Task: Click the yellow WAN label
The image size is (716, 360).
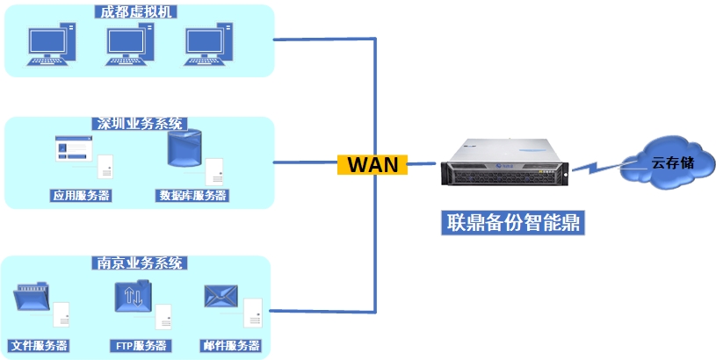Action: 372,164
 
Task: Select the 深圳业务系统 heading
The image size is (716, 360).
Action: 139,124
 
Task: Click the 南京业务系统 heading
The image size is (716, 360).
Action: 139,263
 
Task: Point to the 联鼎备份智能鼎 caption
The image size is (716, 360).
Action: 512,220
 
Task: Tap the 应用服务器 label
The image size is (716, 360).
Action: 81,195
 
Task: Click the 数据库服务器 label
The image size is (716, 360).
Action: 192,195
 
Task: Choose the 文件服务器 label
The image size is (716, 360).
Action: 39,345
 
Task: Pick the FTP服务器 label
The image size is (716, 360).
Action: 141,345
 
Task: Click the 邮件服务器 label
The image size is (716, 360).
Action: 230,345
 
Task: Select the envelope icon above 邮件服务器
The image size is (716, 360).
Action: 221,297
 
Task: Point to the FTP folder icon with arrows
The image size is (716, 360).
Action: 134,297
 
